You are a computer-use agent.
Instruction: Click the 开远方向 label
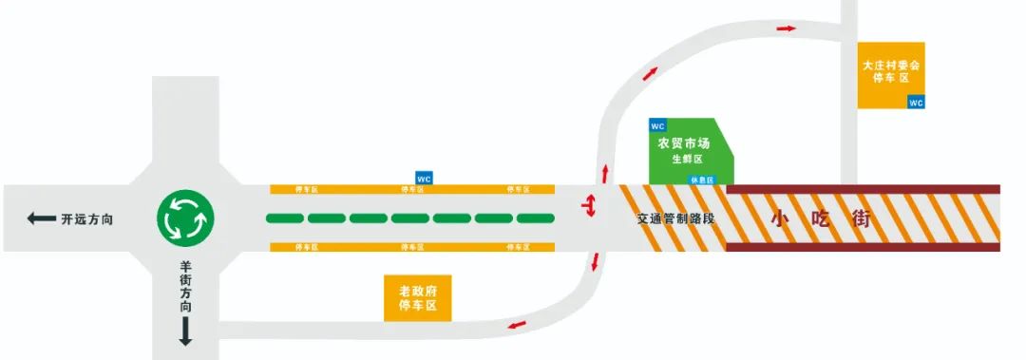click(x=87, y=219)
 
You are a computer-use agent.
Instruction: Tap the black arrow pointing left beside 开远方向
click(x=41, y=219)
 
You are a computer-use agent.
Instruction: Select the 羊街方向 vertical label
click(x=186, y=287)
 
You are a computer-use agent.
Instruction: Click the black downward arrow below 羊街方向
click(x=186, y=332)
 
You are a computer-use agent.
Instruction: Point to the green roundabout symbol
click(x=186, y=218)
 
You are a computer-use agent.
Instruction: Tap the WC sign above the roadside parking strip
click(x=425, y=178)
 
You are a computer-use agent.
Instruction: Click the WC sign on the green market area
click(x=657, y=125)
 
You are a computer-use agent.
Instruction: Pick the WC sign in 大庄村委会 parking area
click(x=917, y=103)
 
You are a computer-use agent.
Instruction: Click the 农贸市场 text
click(x=684, y=143)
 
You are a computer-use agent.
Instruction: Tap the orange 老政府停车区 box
click(x=417, y=297)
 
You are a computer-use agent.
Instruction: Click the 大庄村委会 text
click(x=891, y=66)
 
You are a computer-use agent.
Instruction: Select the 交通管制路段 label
click(x=675, y=218)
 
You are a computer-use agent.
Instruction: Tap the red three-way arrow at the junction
click(x=590, y=205)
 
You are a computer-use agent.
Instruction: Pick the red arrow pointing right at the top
click(x=786, y=28)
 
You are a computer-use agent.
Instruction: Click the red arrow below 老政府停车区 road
click(x=517, y=328)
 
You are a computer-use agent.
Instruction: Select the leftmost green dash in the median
click(x=285, y=218)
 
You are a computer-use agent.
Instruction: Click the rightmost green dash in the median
click(x=536, y=218)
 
